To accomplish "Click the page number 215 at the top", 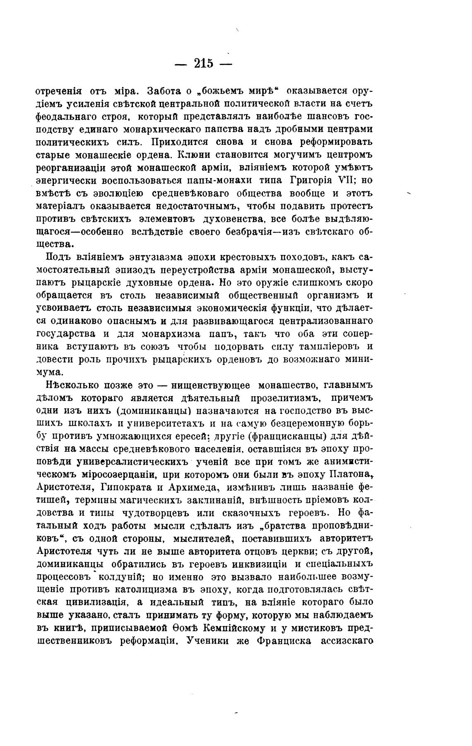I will tap(203, 63).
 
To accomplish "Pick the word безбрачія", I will tap(248, 232).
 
